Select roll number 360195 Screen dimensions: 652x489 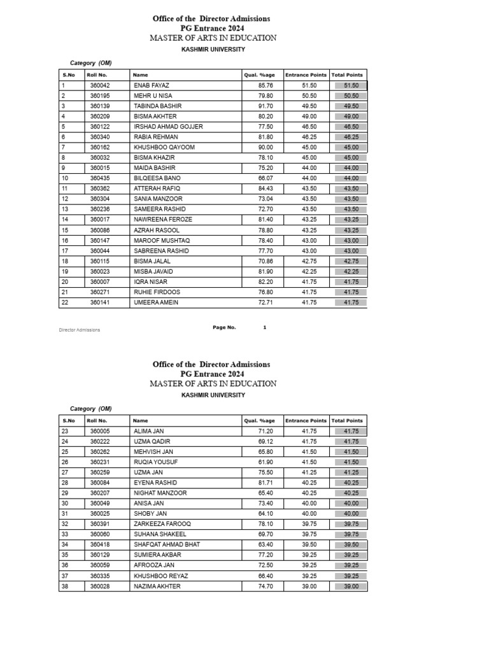point(100,96)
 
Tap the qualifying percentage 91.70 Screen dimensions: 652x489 point(266,106)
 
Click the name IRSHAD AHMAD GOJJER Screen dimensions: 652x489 point(168,127)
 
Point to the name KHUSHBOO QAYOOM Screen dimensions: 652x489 point(164,147)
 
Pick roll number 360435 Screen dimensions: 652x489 point(100,178)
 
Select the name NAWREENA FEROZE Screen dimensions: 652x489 point(163,220)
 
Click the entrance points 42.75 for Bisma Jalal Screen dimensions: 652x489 point(309,261)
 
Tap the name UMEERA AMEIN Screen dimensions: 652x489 point(156,302)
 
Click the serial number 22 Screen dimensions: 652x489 point(65,302)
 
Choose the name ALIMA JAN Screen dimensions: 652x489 point(149,431)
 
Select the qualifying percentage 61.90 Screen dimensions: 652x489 point(266,462)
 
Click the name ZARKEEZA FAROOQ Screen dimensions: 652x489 point(162,524)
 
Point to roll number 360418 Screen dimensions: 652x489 point(100,544)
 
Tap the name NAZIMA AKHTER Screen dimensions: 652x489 point(157,586)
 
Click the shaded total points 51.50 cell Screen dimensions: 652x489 point(351,85)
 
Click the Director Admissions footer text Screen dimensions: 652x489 point(80,330)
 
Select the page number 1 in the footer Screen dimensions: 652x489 point(264,327)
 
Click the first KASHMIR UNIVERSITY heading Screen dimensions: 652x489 point(213,49)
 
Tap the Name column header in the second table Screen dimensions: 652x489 point(140,421)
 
